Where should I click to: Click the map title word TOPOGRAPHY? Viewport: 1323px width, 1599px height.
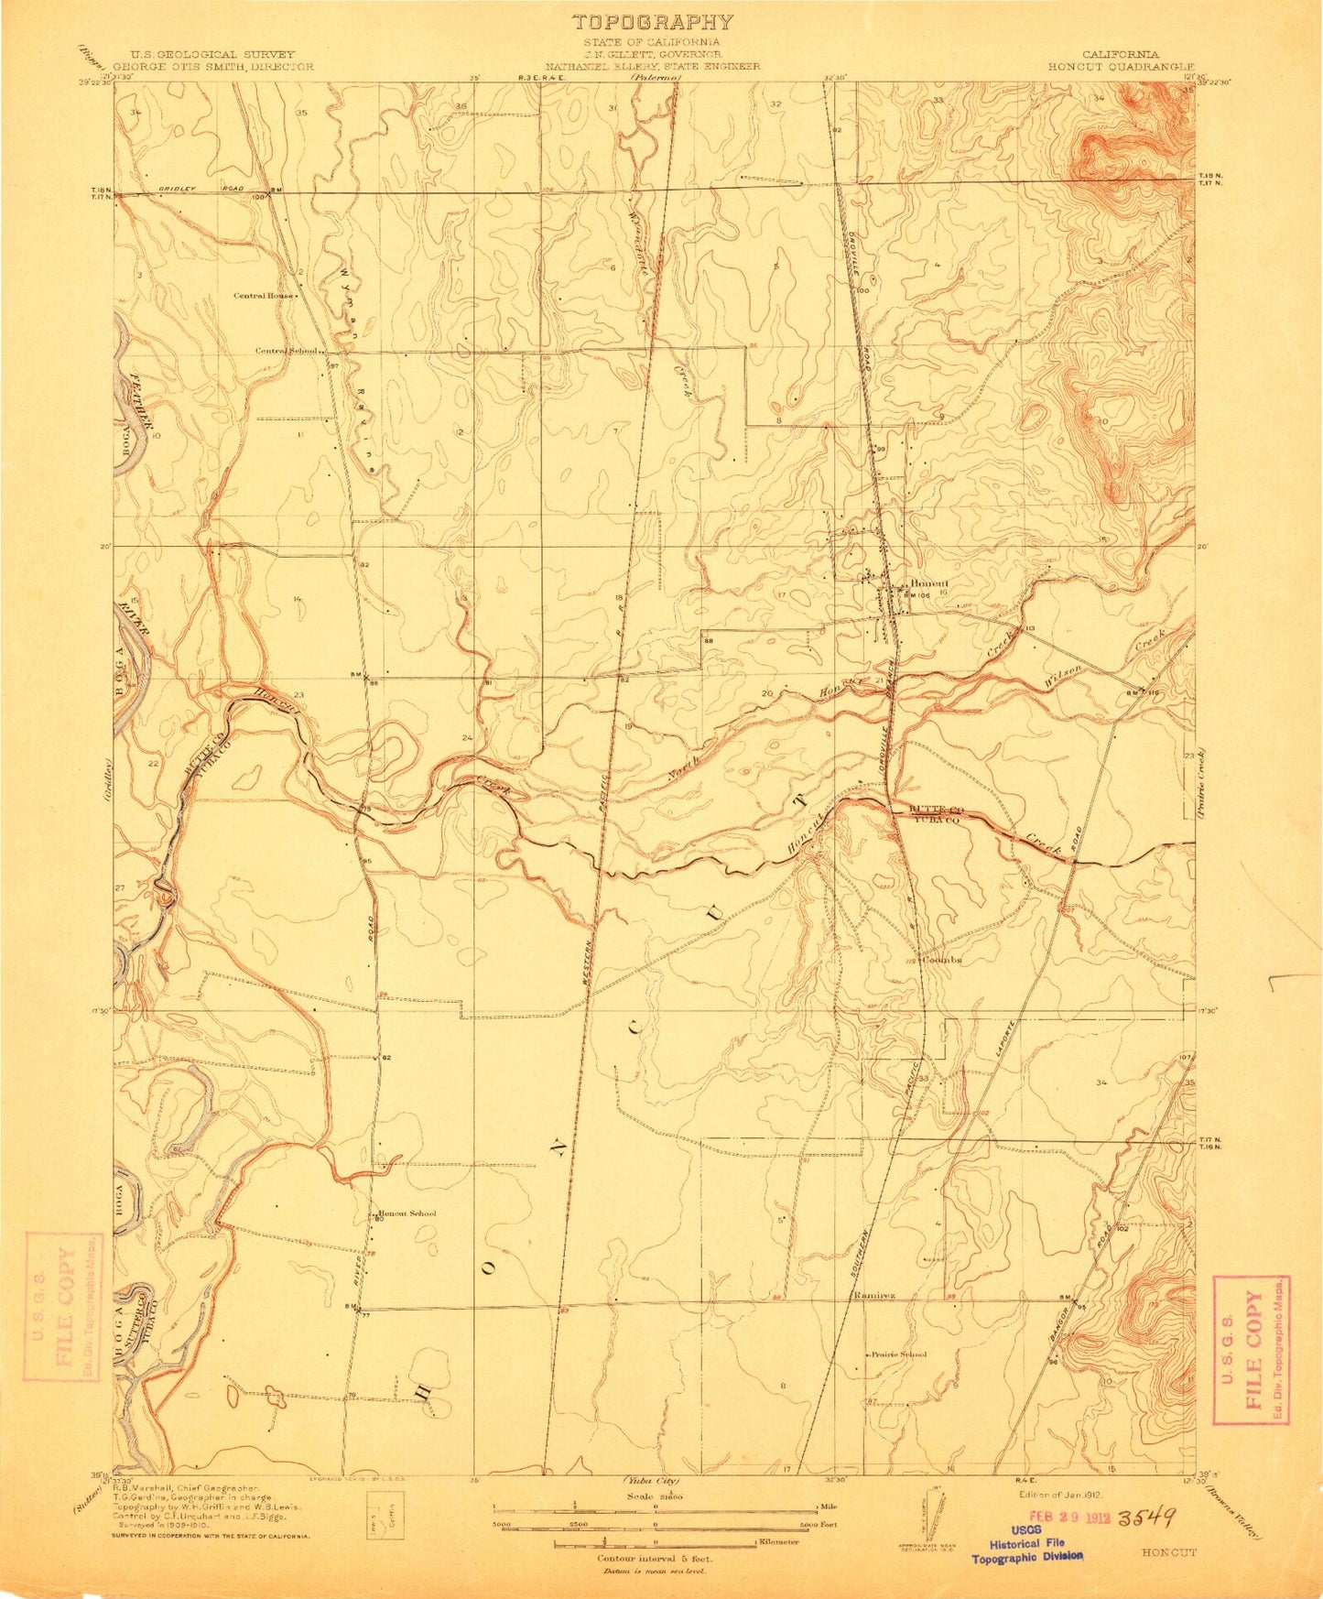click(652, 22)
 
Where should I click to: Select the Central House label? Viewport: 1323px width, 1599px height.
click(264, 296)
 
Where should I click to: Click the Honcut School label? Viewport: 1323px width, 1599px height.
click(407, 1213)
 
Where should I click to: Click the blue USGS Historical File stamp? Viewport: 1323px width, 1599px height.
click(1027, 1543)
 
